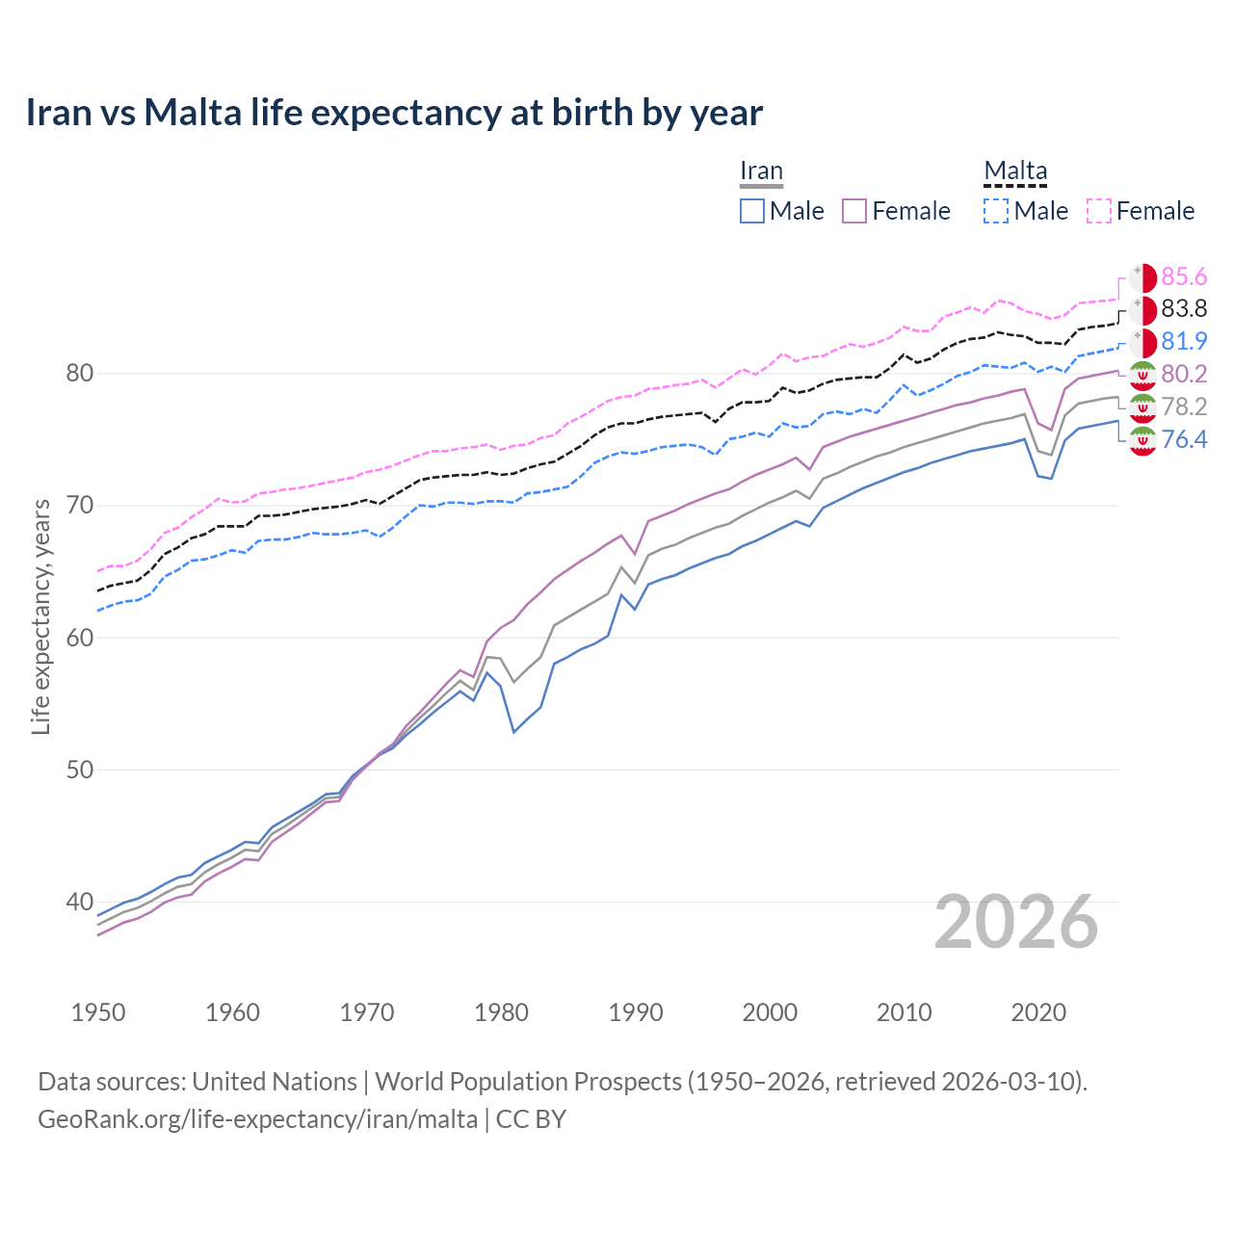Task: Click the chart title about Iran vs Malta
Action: [394, 113]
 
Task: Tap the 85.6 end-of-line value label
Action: [1184, 276]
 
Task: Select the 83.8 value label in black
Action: [1184, 308]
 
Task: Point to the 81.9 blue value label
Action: [1184, 341]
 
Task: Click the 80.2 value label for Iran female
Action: [1184, 374]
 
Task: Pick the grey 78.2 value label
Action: [1184, 407]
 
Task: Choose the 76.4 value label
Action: [1184, 439]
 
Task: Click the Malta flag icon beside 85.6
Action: [1142, 277]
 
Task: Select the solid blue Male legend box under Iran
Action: [752, 211]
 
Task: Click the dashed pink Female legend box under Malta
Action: [1099, 211]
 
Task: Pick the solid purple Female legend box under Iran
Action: [855, 211]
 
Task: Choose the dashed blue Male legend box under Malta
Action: [996, 211]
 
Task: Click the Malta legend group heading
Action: [1015, 171]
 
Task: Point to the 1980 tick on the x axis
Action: [502, 1012]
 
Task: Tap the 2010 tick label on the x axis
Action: [904, 1012]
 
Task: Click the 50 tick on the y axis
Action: [79, 770]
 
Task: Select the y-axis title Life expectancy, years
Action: [41, 616]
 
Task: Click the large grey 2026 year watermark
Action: [1016, 922]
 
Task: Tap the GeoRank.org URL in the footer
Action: [257, 1118]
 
